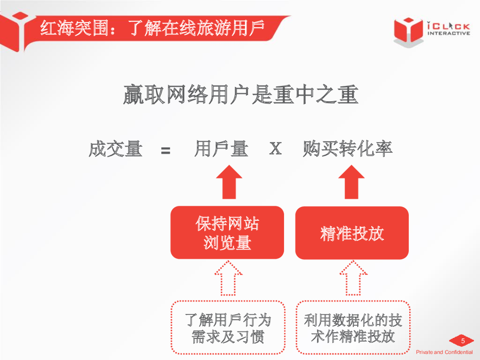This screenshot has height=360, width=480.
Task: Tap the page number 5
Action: coord(463,341)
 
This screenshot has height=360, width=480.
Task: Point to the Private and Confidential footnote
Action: coord(444,352)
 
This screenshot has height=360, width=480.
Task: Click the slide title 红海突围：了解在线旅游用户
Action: coord(152,28)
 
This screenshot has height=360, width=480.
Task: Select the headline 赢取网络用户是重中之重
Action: coord(240,95)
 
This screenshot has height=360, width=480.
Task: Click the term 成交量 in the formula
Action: coord(115,149)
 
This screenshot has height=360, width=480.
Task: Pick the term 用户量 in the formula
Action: coord(221,149)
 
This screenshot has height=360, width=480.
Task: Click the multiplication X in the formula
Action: coord(275,149)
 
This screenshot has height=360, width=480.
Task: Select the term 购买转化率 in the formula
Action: coord(347,149)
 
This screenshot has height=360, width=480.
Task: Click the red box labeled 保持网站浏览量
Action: coord(227,232)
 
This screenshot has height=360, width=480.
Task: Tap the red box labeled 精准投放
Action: coord(352,233)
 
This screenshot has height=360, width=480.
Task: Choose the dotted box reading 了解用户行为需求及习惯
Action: coord(228,328)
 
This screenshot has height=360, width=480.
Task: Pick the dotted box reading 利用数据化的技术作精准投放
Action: coord(352,328)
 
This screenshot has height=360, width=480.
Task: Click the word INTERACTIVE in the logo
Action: coord(449,33)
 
